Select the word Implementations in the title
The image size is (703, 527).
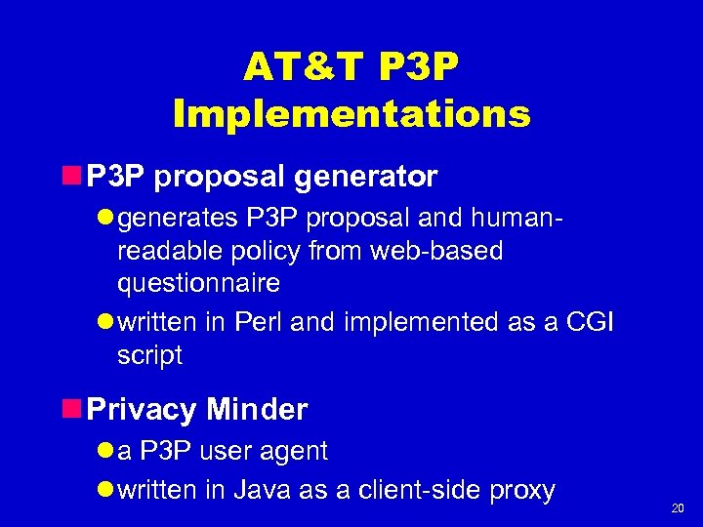[x=351, y=114]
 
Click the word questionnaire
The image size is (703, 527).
[x=198, y=283]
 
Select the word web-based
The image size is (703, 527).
[x=445, y=251]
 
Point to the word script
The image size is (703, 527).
[x=149, y=356]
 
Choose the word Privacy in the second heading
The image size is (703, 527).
[x=142, y=410]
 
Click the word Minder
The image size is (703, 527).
[x=257, y=410]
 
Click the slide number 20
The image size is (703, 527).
[x=677, y=508]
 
